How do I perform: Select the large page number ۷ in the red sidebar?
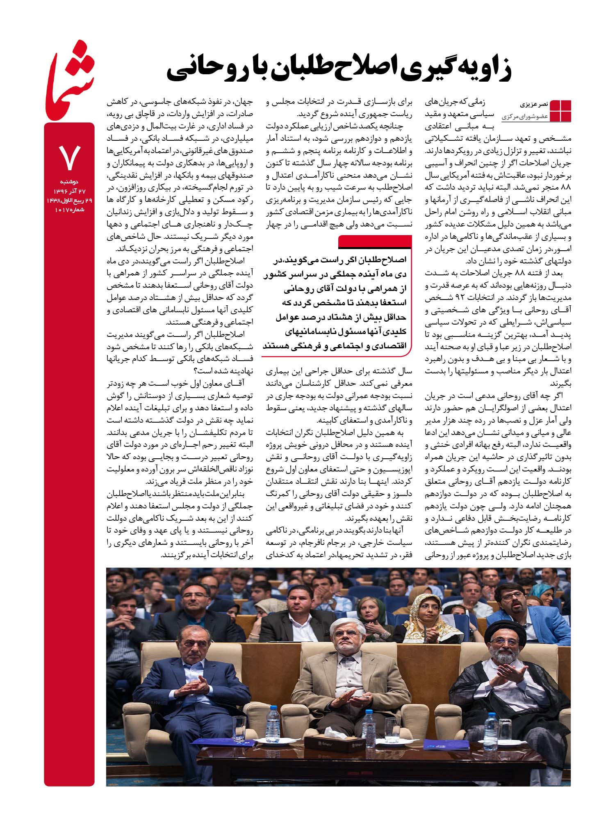coord(69,158)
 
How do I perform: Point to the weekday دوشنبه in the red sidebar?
coord(69,181)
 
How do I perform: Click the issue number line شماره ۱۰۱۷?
coord(69,210)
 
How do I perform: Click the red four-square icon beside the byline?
coord(560,110)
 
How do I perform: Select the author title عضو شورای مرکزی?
coord(527,117)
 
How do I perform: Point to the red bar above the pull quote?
coord(375,242)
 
